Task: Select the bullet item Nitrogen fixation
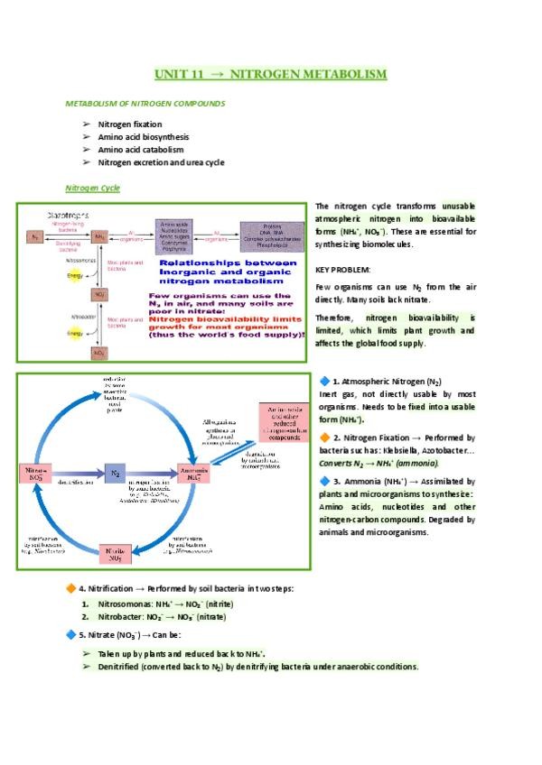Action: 130,124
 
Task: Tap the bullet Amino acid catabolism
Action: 141,149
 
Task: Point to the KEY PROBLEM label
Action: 342,270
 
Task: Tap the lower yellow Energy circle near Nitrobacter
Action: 61,333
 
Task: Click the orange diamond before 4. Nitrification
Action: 71,588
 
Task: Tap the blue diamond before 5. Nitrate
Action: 71,635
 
